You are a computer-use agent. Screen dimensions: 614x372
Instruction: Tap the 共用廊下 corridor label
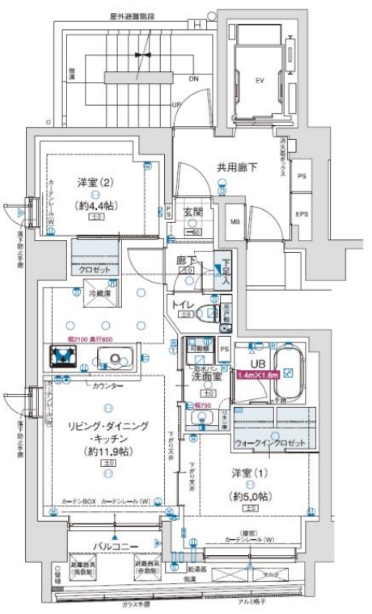coord(236,167)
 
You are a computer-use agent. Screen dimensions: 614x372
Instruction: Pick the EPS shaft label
coord(302,215)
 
